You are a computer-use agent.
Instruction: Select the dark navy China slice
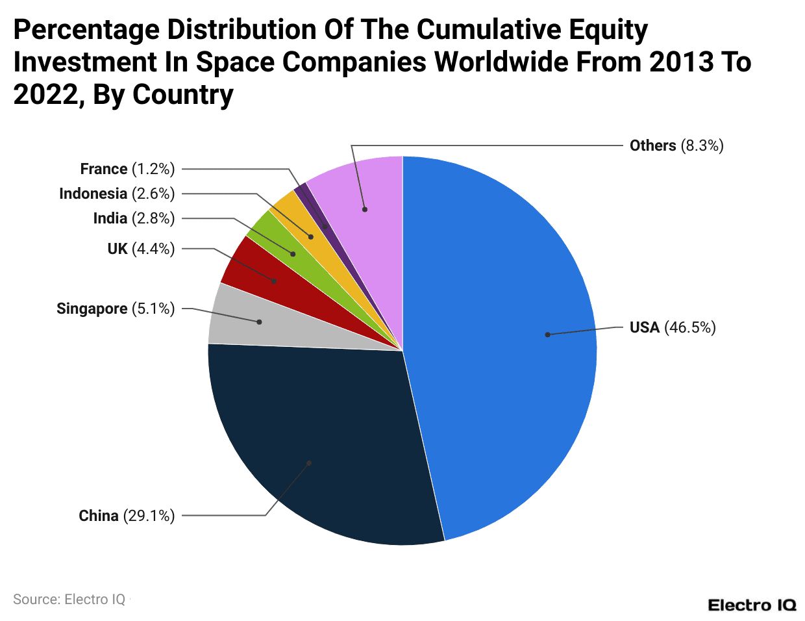point(325,448)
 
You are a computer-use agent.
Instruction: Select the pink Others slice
point(364,195)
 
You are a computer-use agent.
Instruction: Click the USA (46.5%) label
point(673,327)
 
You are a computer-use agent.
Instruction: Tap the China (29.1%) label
point(127,516)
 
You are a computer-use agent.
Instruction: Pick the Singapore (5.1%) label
point(116,309)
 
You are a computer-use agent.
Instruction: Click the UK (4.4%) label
point(141,249)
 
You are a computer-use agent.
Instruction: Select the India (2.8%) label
point(134,218)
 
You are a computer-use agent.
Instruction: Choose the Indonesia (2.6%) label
point(117,194)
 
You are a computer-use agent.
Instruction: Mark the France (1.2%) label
point(127,169)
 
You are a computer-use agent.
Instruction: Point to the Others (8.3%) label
point(676,146)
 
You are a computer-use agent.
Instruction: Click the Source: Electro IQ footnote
point(69,599)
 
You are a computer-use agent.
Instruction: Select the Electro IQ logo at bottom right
point(752,605)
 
